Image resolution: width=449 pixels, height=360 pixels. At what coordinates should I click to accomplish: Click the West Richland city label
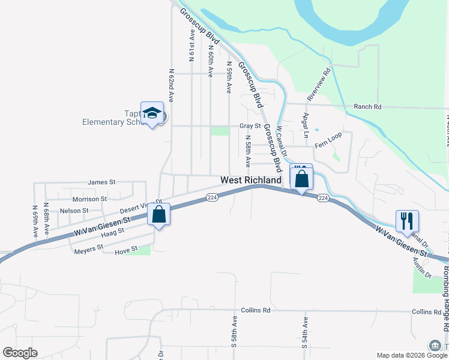[x=251, y=180]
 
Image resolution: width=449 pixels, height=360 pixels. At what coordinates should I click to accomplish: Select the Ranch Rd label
[x=367, y=107]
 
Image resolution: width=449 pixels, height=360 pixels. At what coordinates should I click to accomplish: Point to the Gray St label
[x=250, y=126]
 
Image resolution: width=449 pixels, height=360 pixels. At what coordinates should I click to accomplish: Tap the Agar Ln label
[x=306, y=125]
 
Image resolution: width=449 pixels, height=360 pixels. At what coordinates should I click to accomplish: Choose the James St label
[x=101, y=182]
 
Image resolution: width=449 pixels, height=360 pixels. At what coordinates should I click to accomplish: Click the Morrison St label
[x=89, y=199]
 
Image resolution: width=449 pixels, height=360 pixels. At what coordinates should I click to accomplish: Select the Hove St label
[x=126, y=248]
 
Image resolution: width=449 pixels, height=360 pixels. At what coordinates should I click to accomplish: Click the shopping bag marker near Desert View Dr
[x=158, y=215]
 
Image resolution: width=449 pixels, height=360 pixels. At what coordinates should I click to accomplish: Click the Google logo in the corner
[x=20, y=353]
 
